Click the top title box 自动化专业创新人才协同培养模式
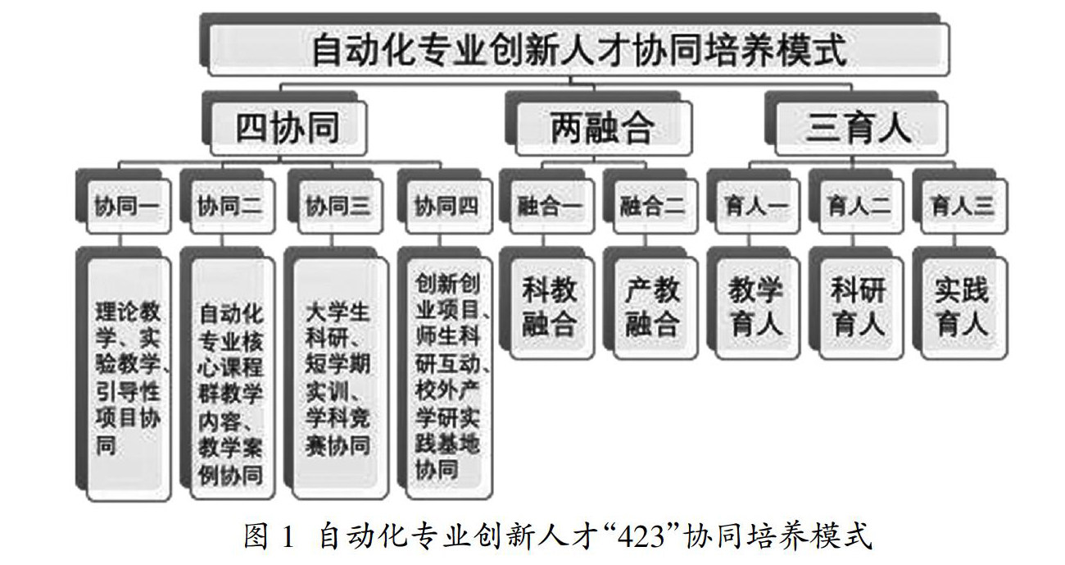578,50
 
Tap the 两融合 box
602,129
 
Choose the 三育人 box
858,129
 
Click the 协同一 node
125,205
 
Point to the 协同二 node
230,205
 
